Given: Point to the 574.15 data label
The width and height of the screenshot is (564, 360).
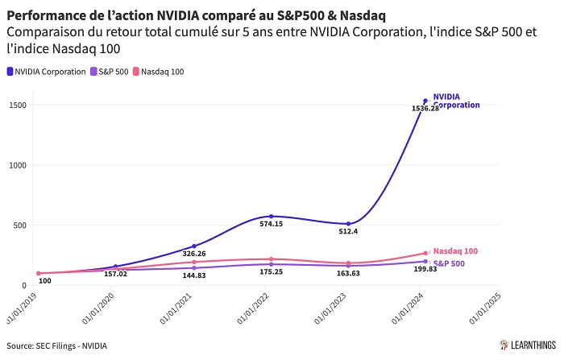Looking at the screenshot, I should pos(271,224).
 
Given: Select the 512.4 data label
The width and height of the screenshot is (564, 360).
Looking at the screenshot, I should pos(348,232).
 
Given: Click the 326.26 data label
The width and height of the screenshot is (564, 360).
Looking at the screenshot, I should pos(193,254).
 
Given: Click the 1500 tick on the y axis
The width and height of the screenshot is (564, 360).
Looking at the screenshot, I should pos(19,106).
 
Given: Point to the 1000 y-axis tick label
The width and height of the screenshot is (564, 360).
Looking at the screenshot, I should pos(19,165).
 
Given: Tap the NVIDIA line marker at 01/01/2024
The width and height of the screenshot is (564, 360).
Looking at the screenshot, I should pos(425,101).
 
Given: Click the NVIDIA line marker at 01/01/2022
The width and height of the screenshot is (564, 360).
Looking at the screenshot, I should pos(272,216).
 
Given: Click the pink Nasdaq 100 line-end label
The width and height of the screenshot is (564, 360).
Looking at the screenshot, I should pos(454,251).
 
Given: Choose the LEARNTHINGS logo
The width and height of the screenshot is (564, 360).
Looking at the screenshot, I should pos(529,345).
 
